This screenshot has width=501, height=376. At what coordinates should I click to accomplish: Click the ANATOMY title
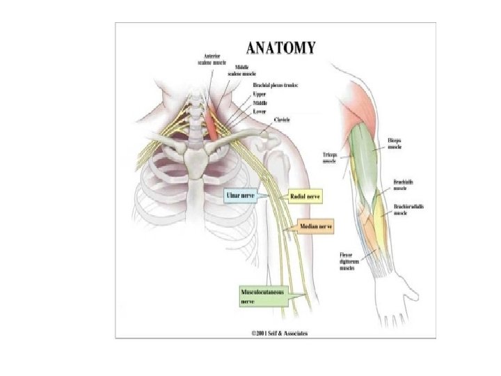(x=281, y=48)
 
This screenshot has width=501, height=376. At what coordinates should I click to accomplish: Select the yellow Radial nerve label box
(x=305, y=196)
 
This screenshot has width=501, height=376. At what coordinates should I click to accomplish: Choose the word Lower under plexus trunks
(x=261, y=110)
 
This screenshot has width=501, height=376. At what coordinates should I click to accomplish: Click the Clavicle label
(x=282, y=120)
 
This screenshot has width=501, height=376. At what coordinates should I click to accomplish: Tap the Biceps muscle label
(x=395, y=145)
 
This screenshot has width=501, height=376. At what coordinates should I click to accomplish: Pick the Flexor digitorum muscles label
(x=349, y=261)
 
